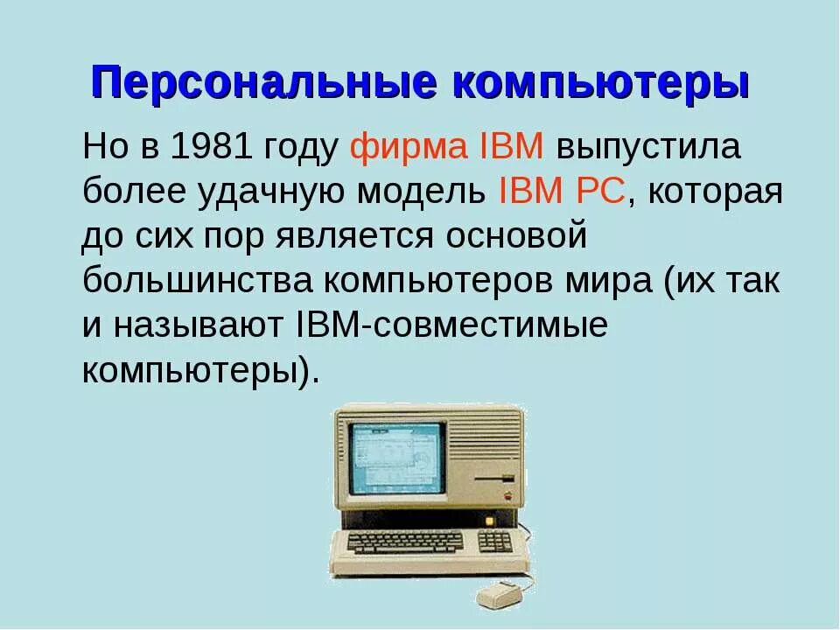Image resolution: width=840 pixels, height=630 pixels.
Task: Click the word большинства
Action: [198, 282]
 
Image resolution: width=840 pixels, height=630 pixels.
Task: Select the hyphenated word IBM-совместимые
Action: [446, 325]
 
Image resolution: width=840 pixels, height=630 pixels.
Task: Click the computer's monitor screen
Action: [396, 458]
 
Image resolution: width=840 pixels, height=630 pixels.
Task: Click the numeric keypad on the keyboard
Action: [495, 542]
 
